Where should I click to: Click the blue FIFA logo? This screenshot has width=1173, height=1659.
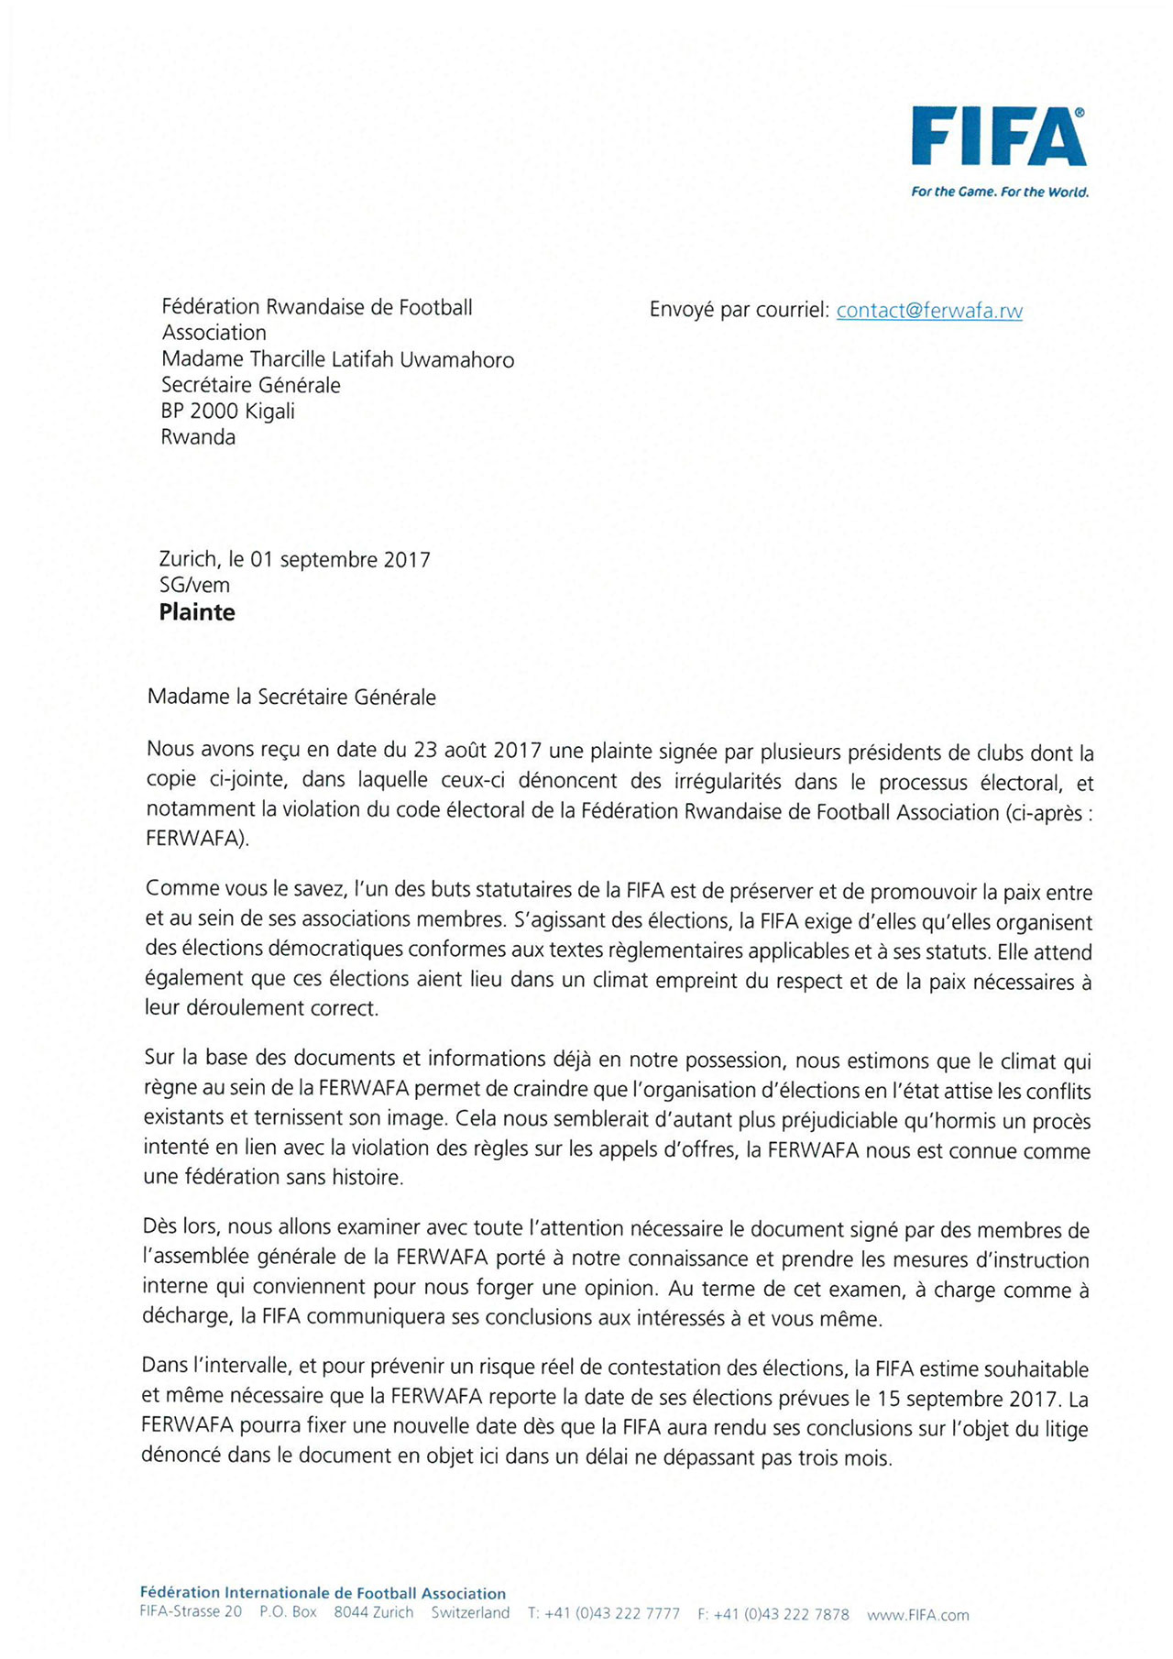pos(998,137)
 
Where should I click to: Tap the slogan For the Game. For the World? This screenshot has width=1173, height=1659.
pos(999,192)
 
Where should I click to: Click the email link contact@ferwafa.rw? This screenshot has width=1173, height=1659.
pos(929,311)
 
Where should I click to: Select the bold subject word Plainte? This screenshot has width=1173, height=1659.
pos(197,612)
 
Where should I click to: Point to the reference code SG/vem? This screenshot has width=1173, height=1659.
pos(194,585)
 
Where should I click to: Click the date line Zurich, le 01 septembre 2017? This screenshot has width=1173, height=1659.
pos(294,559)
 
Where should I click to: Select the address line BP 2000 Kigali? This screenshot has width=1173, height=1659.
pos(228,411)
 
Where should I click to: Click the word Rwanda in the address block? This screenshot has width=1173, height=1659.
pos(198,437)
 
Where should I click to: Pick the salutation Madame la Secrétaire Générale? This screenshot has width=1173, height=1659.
pos(291,697)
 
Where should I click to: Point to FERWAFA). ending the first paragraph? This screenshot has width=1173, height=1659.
pos(197,839)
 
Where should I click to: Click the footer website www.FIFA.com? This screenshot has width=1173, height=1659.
pos(917,1615)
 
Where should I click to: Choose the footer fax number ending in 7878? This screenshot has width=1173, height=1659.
pos(773,1614)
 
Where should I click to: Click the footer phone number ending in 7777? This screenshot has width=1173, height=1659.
pos(604,1613)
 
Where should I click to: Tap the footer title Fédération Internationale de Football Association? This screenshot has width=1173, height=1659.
pos(323,1593)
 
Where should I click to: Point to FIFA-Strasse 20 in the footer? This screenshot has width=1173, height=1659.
pos(191,1612)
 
